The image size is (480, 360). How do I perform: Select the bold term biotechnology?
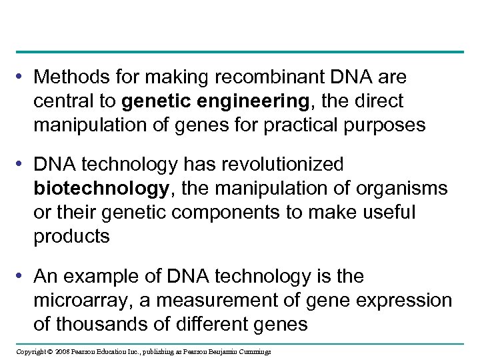click(100, 189)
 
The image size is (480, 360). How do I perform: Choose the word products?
click(71, 236)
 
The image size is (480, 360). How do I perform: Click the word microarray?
click(83, 300)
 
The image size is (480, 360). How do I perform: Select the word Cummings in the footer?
click(254, 351)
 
